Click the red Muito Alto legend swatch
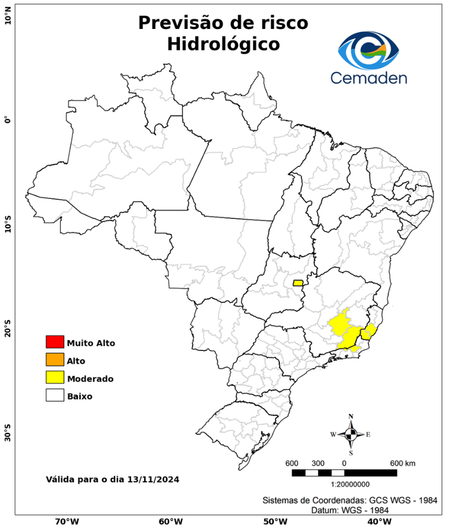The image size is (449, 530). pos(54,342)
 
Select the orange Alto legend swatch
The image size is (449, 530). pos(54,360)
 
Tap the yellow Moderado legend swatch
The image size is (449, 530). pos(54,378)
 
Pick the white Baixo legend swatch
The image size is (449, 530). pos(54,396)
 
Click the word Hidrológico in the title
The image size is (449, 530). pos(223,44)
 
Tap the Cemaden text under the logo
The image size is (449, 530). pos(369,77)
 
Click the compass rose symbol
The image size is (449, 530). pos(350,434)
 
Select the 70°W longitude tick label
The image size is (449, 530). pos(66,522)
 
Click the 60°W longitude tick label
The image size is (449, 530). pos(170,522)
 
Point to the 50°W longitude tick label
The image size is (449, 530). pos(274,522)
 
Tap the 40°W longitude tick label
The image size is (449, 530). pos(377,522)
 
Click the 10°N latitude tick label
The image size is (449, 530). pos(8,15)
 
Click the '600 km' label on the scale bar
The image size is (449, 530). pos(402,462)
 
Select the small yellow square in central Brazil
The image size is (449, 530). pos(298,283)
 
